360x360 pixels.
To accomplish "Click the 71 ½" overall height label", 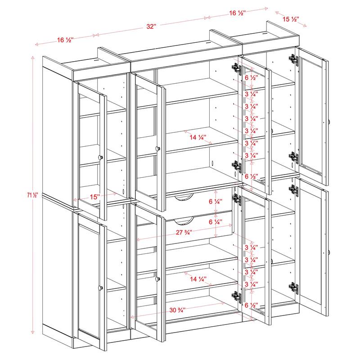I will tap(33, 195).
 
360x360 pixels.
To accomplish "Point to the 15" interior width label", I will tap(94, 197).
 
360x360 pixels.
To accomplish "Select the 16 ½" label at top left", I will tap(65, 40).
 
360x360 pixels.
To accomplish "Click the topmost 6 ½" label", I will tap(251, 77).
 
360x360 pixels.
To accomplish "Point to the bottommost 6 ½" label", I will tap(251, 305).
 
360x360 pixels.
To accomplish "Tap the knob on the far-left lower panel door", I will tap(100, 287).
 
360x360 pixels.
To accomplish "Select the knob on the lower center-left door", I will tap(157, 279).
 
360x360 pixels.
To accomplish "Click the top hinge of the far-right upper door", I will tap(293, 59).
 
